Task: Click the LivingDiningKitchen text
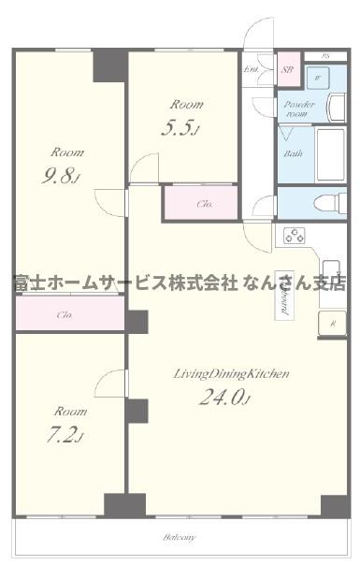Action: [231, 373]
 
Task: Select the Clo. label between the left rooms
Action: [65, 315]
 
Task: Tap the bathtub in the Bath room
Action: [328, 155]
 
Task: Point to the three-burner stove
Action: [295, 236]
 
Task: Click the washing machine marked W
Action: [319, 79]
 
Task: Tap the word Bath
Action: [293, 152]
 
